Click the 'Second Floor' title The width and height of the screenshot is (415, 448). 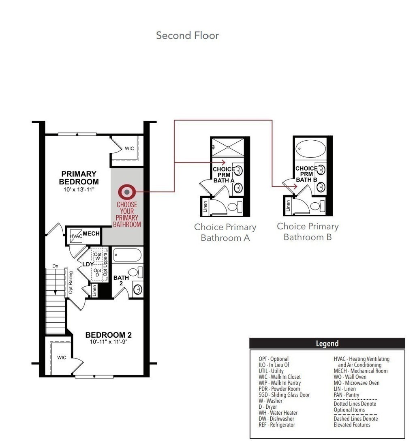pos(187,35)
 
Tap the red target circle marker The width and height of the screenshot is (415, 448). pos(127,192)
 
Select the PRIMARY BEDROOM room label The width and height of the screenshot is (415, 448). pos(79,178)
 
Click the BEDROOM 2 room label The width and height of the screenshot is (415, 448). pos(109,335)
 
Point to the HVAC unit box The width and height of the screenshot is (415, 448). pos(76,236)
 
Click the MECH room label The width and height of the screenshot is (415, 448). pos(91,234)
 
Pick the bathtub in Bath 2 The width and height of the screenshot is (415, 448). pos(127,255)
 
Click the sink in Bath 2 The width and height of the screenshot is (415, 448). pos(138,289)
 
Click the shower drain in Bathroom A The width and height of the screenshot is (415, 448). pos(228,147)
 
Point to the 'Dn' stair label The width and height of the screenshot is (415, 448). pos(55,266)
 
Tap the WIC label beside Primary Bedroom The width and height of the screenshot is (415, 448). pos(129,148)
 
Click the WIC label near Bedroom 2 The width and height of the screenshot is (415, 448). pos(62,358)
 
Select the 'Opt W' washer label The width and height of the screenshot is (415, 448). pos(98,256)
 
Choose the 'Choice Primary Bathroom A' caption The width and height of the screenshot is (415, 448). pos(225,232)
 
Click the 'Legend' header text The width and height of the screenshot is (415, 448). pos(327,343)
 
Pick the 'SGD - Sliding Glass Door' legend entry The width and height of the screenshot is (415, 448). pos(284,395)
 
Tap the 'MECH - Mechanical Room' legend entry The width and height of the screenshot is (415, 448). pos(360,371)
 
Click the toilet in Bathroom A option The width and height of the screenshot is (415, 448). pos(235,206)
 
